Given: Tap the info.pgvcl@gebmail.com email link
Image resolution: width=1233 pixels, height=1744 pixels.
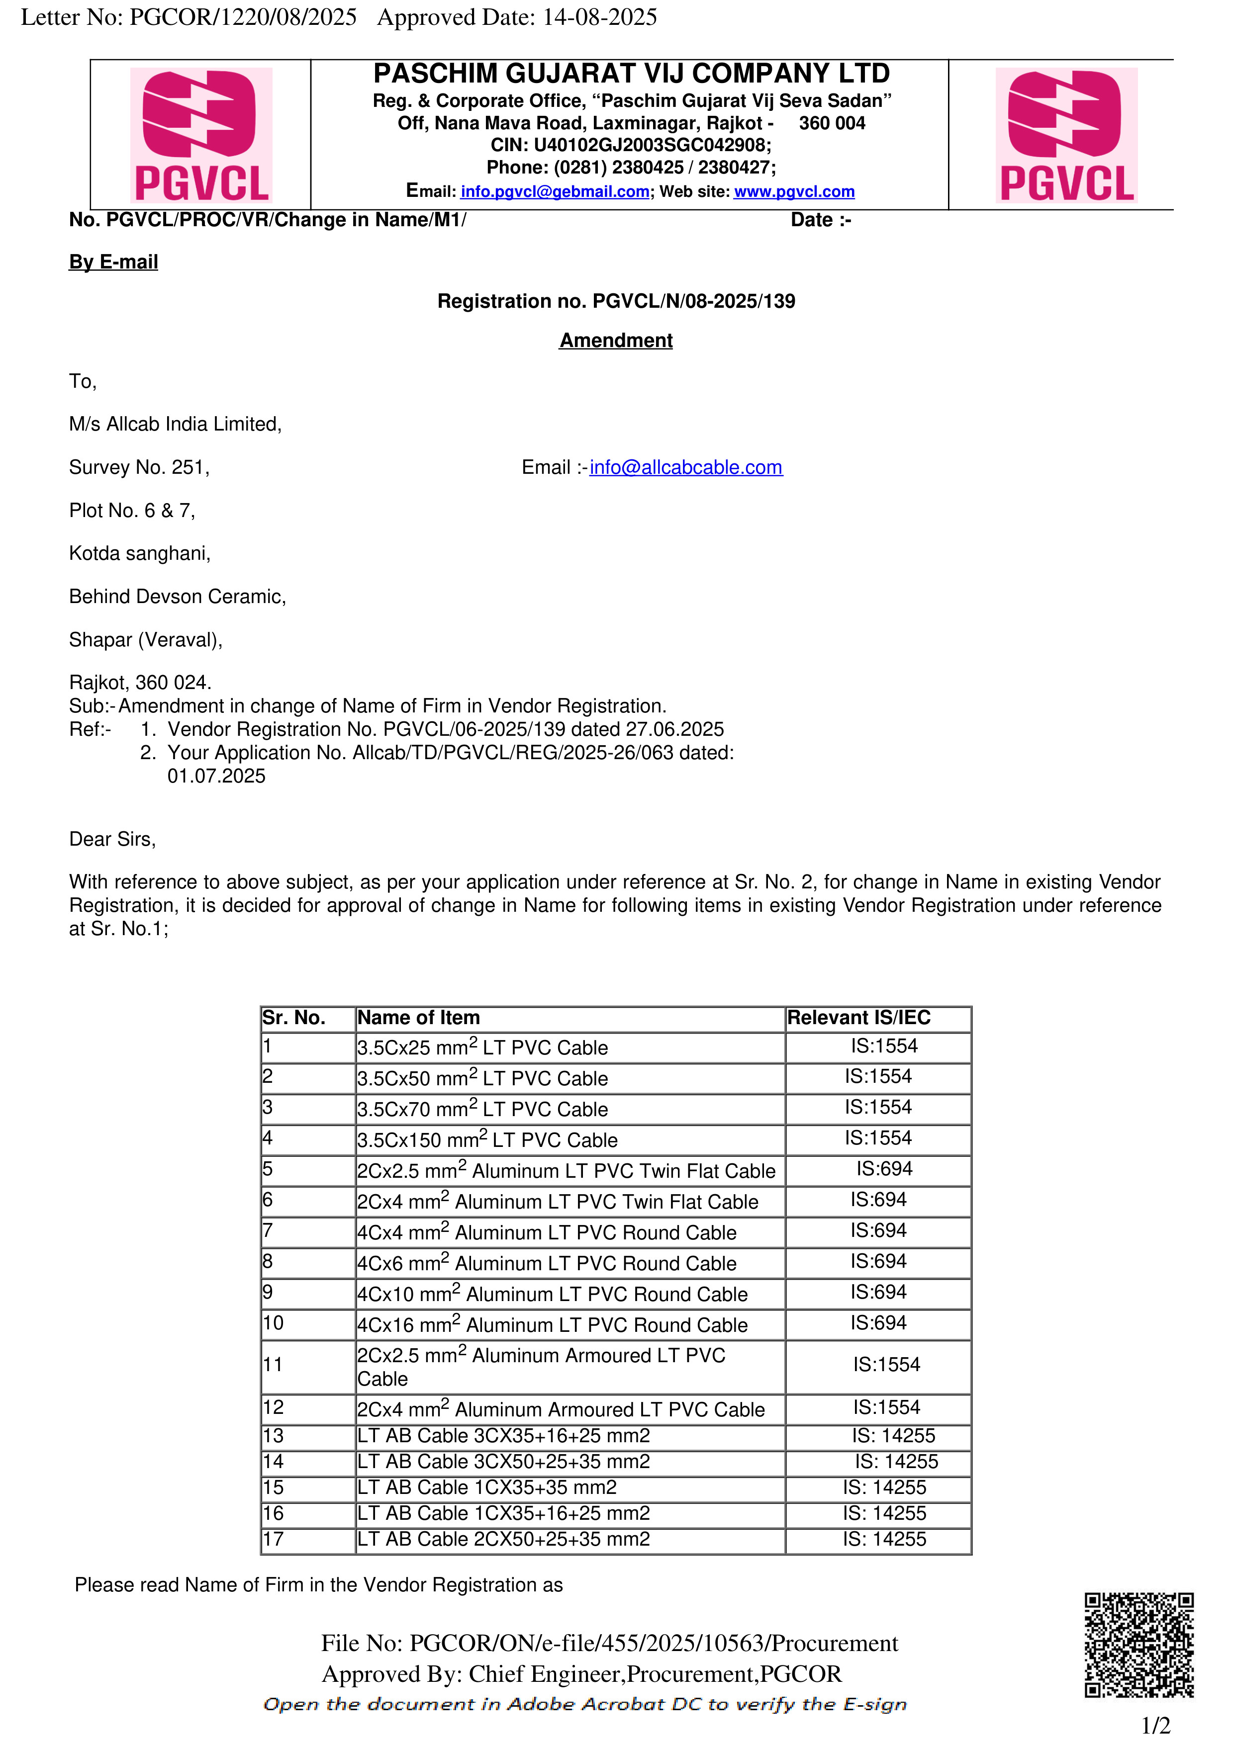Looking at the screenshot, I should [555, 191].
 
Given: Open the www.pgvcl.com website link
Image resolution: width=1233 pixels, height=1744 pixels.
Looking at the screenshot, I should [794, 191].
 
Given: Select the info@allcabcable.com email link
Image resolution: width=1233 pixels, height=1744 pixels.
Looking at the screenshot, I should [685, 467].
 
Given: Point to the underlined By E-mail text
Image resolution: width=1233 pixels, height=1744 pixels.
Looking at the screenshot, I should [113, 262].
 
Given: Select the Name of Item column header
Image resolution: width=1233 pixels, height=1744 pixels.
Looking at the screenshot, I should [419, 1018].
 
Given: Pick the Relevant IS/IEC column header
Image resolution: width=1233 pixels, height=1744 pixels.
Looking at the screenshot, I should [858, 1018].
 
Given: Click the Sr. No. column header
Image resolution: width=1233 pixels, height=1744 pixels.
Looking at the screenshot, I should [293, 1018].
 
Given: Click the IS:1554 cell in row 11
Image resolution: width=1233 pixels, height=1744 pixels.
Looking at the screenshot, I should [886, 1365].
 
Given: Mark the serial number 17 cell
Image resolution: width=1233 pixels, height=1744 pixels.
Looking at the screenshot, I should [274, 1539].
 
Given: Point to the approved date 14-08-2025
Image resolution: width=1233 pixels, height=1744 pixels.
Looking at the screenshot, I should [599, 17].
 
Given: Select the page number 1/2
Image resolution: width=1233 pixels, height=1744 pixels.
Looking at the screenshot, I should [1155, 1726].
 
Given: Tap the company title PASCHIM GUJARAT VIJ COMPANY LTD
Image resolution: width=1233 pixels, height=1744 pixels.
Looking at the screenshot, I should [631, 74].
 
